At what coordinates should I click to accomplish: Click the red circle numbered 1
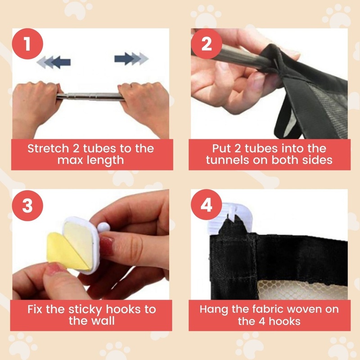27,44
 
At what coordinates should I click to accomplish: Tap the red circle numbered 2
207,44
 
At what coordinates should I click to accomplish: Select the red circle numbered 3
27,205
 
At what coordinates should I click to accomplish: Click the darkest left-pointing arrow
61,62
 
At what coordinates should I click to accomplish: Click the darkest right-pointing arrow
124,58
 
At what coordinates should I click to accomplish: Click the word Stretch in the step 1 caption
48,148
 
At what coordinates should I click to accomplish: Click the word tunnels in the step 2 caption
228,160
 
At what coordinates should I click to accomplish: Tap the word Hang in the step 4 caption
214,310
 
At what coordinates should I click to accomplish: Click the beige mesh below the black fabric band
301,290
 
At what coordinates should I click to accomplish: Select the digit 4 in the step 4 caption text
262,321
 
